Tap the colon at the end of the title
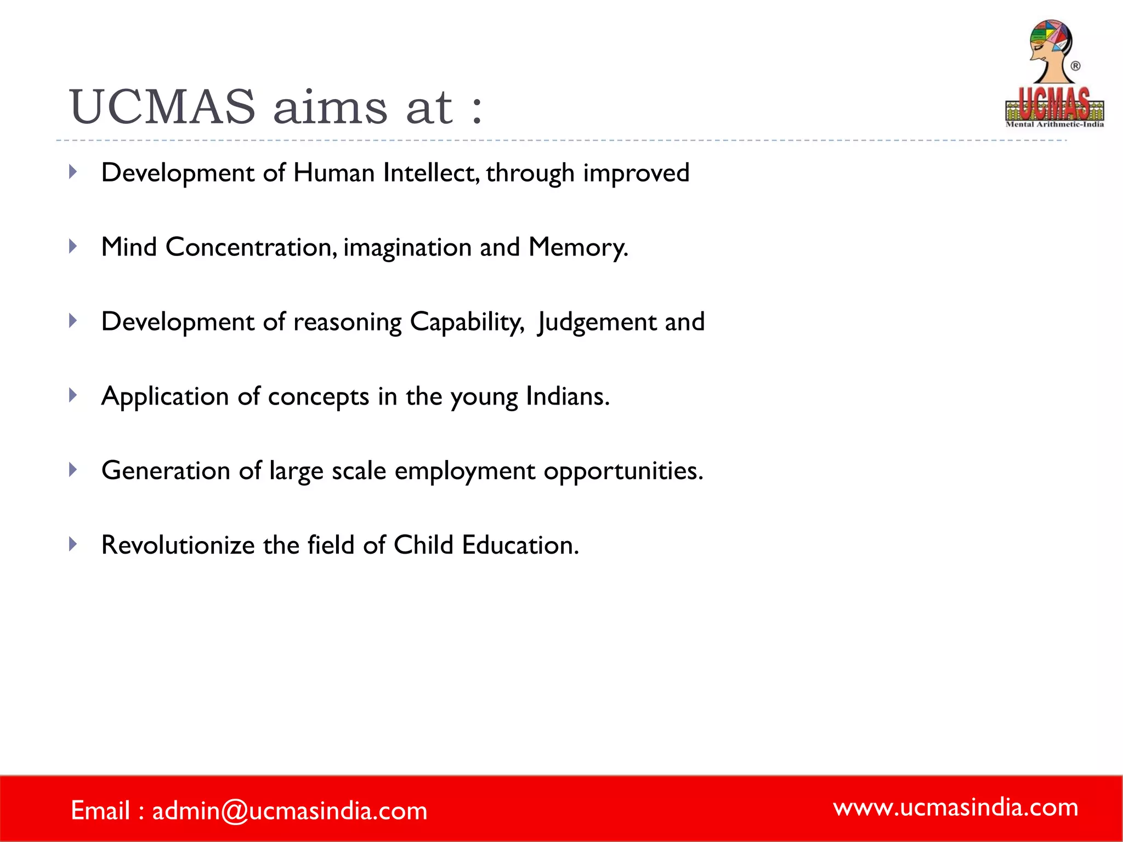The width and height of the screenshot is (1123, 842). click(x=476, y=109)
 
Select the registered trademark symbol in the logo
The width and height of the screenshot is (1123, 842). click(x=1075, y=66)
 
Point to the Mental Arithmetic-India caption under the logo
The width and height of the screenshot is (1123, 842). click(x=1054, y=124)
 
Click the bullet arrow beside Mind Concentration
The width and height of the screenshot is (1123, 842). click(x=73, y=247)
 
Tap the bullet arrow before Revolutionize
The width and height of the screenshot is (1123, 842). click(x=73, y=544)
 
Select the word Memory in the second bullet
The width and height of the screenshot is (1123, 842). click(x=577, y=247)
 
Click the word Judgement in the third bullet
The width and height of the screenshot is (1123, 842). click(x=597, y=322)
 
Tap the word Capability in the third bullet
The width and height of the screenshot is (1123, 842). click(x=466, y=322)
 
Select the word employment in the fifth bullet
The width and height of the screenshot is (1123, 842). click(x=464, y=471)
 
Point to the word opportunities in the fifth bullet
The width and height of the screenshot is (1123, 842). click(x=622, y=471)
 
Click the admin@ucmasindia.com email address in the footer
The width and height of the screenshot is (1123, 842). click(x=289, y=811)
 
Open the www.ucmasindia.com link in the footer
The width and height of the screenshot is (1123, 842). click(x=955, y=807)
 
